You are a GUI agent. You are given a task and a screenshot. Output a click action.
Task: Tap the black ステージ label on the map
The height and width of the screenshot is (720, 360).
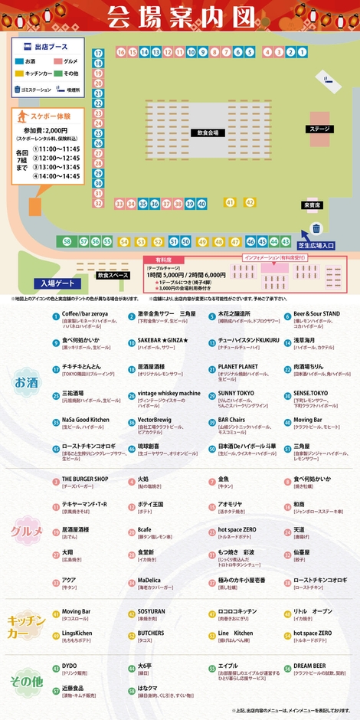tap(319, 129)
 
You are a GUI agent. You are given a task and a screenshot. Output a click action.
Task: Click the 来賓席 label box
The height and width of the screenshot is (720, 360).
tap(313, 205)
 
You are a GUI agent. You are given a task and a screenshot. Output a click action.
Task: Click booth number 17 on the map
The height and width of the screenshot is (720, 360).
tap(98, 54)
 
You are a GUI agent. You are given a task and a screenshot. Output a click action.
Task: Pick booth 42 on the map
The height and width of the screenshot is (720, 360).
tap(250, 202)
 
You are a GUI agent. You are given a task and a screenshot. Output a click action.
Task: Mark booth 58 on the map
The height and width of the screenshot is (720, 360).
tap(67, 241)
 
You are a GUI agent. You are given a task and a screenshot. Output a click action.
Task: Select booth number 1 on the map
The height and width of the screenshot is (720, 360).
tap(291, 52)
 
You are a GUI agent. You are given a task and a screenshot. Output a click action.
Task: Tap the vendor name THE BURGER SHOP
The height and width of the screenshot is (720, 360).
tap(85, 479)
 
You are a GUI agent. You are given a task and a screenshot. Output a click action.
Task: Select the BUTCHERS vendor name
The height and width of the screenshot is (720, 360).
tap(151, 633)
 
